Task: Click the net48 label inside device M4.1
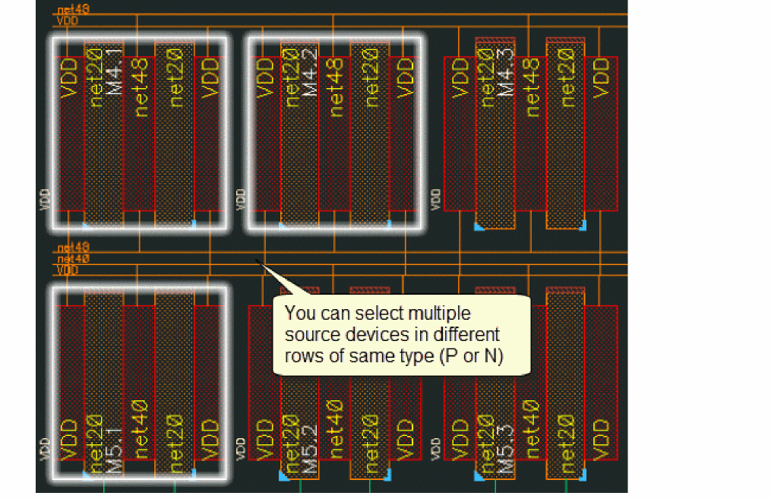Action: point(141,89)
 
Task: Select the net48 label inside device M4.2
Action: point(335,89)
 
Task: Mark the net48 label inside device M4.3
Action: point(532,89)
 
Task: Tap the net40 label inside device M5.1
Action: point(141,430)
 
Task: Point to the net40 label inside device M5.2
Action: point(335,430)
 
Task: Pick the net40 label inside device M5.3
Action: point(532,430)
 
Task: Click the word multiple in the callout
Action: point(440,314)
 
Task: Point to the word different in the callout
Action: point(466,335)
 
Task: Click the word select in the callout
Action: point(372,314)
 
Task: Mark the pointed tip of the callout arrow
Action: point(256,261)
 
